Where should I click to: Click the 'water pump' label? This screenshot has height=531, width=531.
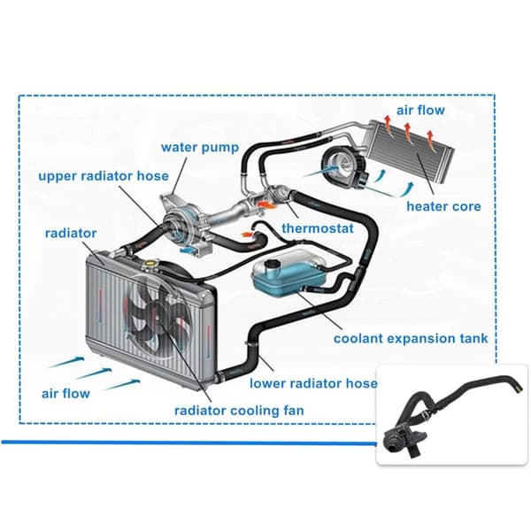(x=200, y=148)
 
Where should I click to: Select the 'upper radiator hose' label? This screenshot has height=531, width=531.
(x=104, y=176)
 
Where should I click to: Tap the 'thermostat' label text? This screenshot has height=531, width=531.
(x=318, y=228)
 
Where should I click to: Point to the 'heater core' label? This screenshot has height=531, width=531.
(x=443, y=206)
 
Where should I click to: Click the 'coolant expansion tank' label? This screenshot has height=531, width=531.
(x=411, y=338)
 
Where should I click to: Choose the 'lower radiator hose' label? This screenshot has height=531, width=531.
(x=313, y=383)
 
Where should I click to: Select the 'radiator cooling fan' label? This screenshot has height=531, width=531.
(x=239, y=411)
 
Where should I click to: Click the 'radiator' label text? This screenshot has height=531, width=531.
(x=71, y=233)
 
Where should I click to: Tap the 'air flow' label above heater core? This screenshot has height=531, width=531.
(x=420, y=110)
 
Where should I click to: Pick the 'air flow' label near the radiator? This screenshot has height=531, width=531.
(x=65, y=394)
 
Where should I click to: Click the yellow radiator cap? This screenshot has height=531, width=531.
(x=149, y=263)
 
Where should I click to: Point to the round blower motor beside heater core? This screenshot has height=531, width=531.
(x=343, y=166)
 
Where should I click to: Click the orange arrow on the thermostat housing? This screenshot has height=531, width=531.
(x=268, y=204)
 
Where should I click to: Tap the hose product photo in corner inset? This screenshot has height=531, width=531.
(x=452, y=415)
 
